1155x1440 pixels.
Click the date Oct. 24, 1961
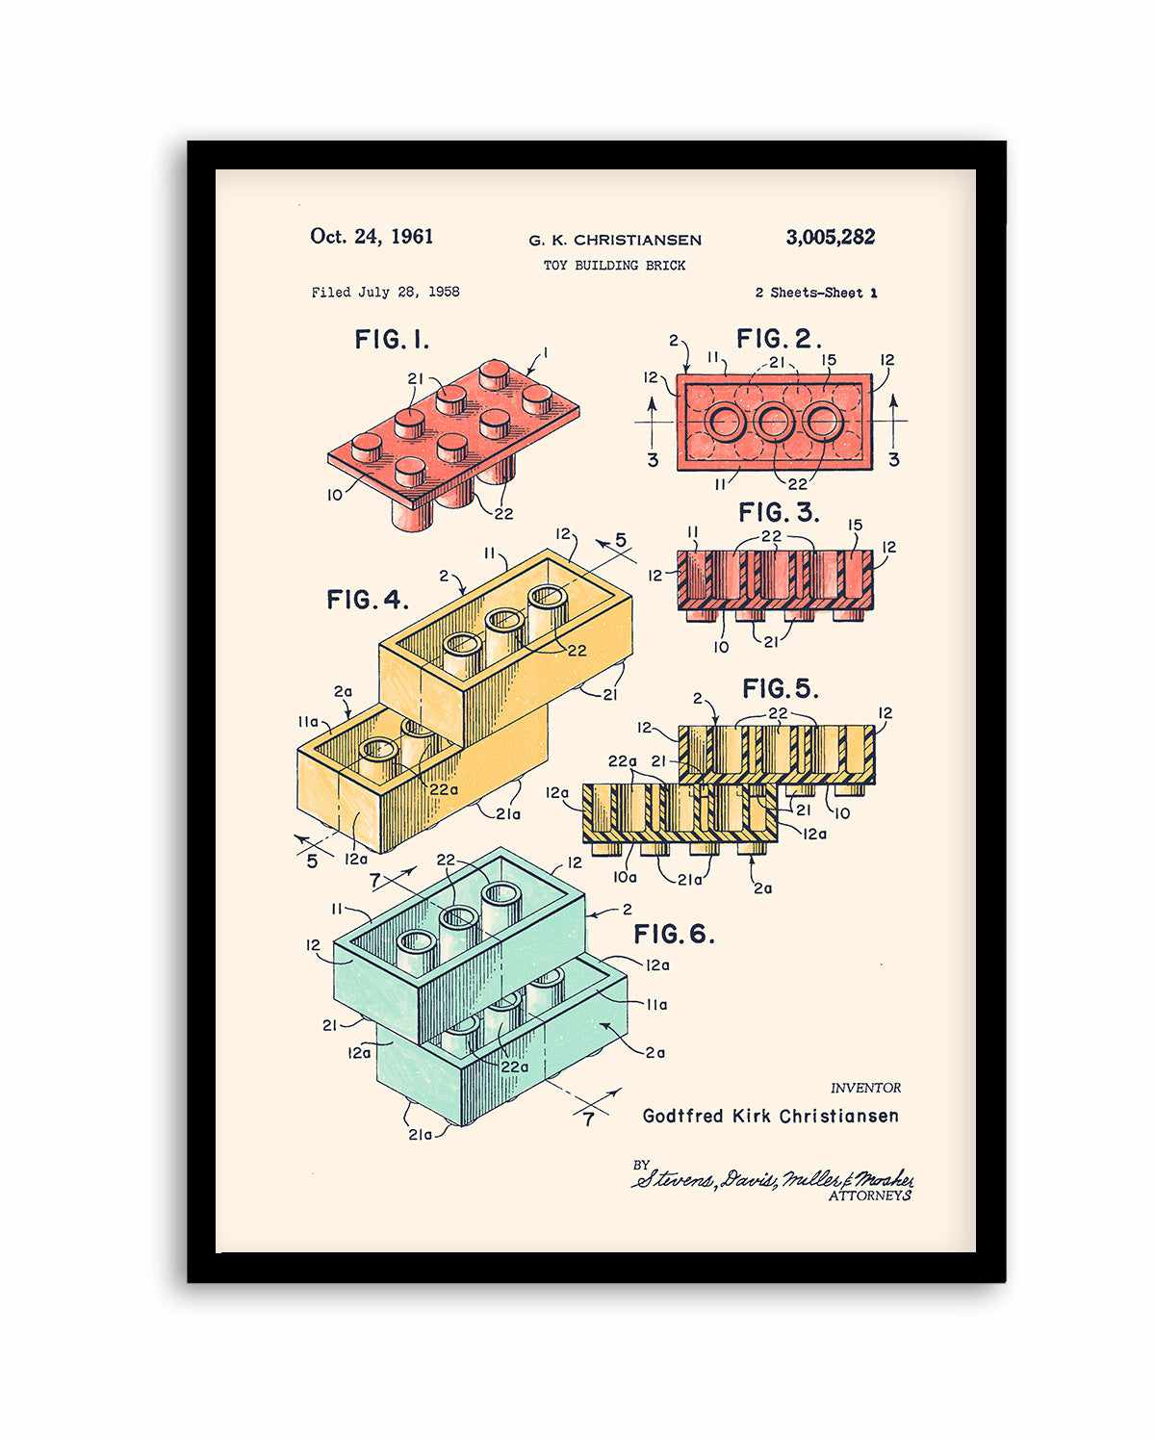pyautogui.click(x=372, y=237)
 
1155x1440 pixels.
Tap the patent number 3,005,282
pyautogui.click(x=830, y=238)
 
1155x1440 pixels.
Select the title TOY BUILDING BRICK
pyautogui.click(x=614, y=266)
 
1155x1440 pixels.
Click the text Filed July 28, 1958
pyautogui.click(x=385, y=292)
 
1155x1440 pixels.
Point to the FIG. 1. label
pyautogui.click(x=392, y=340)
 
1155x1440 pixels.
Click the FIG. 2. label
pyautogui.click(x=779, y=339)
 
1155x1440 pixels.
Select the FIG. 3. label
pyautogui.click(x=779, y=513)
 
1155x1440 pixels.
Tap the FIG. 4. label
pyautogui.click(x=368, y=600)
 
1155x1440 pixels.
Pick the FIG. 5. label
pyautogui.click(x=780, y=689)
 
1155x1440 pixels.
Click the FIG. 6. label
pyautogui.click(x=674, y=934)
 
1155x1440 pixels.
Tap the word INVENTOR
pyautogui.click(x=865, y=1088)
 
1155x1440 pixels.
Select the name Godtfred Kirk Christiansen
pyautogui.click(x=770, y=1117)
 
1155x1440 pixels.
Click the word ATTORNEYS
pyautogui.click(x=869, y=1196)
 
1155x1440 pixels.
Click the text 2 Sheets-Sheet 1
pyautogui.click(x=815, y=293)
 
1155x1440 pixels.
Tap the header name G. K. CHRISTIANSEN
pyautogui.click(x=614, y=241)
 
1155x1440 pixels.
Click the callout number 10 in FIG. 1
pyautogui.click(x=334, y=495)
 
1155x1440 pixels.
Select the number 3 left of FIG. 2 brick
pyautogui.click(x=653, y=460)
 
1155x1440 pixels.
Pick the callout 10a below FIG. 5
pyautogui.click(x=625, y=877)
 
